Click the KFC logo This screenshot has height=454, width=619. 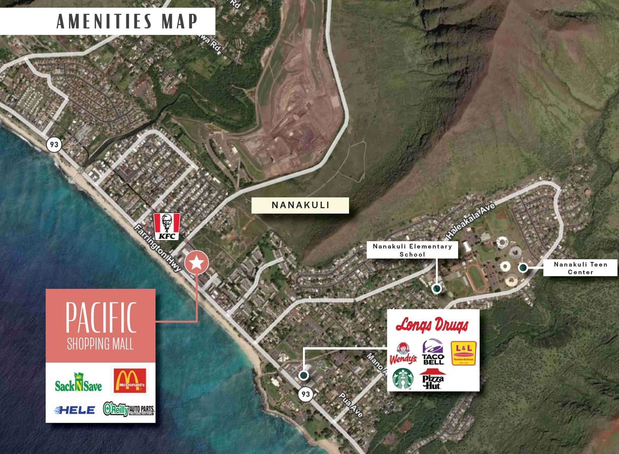point(167,226)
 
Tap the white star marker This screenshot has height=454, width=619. point(197,263)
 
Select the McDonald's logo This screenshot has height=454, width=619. point(130,380)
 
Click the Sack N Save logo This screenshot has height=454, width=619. point(78,382)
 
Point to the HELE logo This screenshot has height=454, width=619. point(75,410)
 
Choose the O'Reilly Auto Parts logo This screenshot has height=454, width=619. point(129,409)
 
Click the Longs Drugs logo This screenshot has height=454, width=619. point(432,325)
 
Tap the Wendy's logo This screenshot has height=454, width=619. point(403,353)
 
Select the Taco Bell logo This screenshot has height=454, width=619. point(433,352)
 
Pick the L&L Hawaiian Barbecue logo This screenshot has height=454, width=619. point(463,353)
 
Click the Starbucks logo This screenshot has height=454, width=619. point(403,379)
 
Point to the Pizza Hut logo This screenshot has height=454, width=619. point(433,379)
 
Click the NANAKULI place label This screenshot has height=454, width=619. point(300,205)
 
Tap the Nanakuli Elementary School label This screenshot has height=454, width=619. point(412,250)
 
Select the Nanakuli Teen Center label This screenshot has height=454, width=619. point(580,268)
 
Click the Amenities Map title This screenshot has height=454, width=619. point(127,21)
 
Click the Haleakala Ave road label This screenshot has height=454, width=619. point(471,221)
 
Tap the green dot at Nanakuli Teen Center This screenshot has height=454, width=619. point(523,267)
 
